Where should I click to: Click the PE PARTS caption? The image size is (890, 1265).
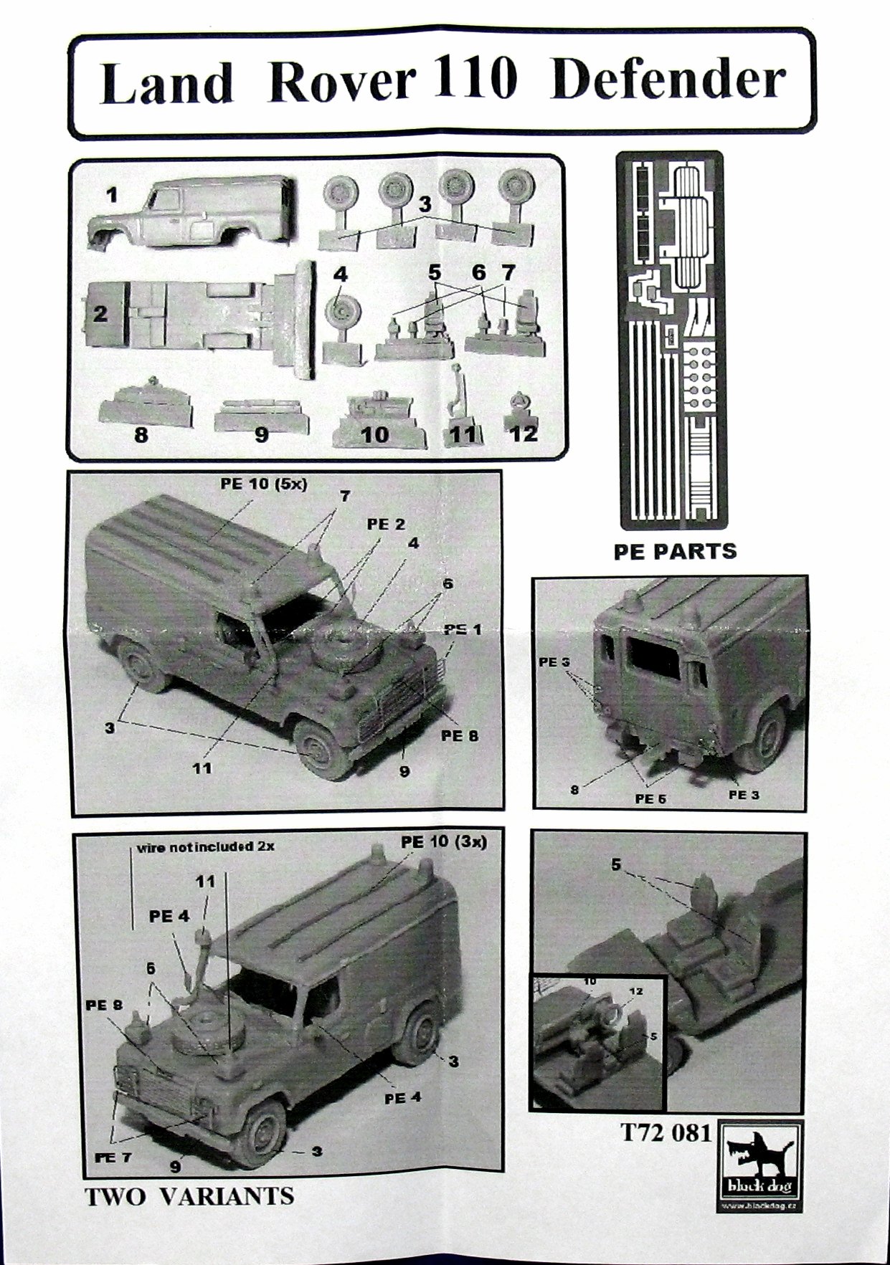tap(675, 551)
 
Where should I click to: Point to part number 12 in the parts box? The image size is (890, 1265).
tap(524, 432)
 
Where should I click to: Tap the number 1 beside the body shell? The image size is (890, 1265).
tap(110, 194)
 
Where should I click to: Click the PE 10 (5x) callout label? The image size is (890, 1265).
tap(263, 484)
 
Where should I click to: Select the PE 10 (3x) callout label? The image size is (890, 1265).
tap(444, 841)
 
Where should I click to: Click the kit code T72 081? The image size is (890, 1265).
tap(666, 1132)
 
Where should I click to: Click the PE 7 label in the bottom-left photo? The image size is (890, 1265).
tap(114, 1156)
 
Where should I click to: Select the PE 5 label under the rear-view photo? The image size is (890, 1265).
tap(650, 798)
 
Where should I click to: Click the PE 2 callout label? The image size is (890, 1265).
tap(386, 525)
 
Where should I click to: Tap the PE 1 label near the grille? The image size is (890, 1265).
tap(463, 629)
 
